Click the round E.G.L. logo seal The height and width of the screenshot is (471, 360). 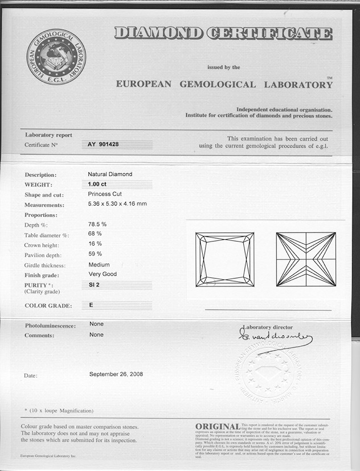point(56,57)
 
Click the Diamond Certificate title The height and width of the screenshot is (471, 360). point(223,33)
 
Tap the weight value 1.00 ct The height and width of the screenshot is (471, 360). point(97,184)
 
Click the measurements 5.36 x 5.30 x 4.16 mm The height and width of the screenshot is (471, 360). point(117,204)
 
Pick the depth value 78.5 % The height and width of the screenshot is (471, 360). point(97,224)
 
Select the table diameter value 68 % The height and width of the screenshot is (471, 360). point(95,234)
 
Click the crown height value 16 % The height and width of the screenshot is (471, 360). point(95,243)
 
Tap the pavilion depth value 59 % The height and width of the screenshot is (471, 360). point(95,253)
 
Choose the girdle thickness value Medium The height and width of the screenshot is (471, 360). point(99,265)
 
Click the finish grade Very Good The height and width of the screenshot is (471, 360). point(103,275)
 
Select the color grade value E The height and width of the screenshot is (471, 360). point(91,305)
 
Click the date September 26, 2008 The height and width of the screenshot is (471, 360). point(116,374)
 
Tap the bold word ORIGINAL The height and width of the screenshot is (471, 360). point(217,427)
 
